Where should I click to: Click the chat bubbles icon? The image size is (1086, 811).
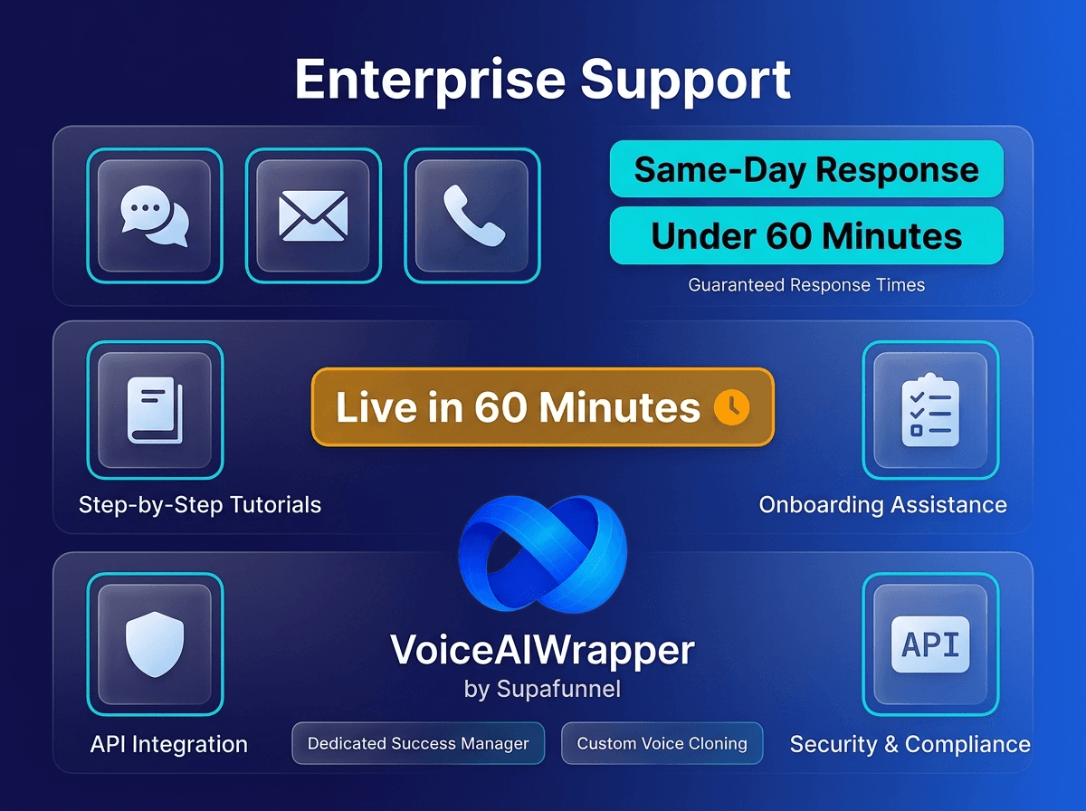click(x=155, y=216)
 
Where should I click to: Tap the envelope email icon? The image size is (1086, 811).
click(x=313, y=216)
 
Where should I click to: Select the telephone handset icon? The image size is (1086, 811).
click(x=472, y=216)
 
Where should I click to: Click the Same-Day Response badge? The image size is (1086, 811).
click(x=806, y=169)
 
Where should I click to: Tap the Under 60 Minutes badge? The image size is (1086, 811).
click(x=806, y=236)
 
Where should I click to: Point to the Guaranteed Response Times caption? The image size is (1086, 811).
click(x=806, y=285)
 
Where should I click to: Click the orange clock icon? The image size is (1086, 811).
click(x=731, y=407)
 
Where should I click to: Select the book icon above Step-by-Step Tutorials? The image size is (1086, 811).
click(x=155, y=409)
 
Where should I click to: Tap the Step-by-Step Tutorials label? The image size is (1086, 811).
click(x=200, y=504)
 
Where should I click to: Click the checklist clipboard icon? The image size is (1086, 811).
click(x=930, y=409)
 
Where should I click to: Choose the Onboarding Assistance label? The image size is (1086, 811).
click(x=882, y=504)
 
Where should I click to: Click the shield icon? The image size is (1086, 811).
click(x=155, y=644)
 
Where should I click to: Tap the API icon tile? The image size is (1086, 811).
click(x=930, y=644)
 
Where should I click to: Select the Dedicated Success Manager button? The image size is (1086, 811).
click(x=418, y=743)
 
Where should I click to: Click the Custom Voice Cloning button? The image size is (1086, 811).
click(x=662, y=743)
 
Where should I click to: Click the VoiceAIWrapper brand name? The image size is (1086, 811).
click(x=542, y=649)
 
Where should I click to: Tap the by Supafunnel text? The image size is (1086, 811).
click(x=542, y=689)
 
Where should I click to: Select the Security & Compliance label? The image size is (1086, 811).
click(x=910, y=744)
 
